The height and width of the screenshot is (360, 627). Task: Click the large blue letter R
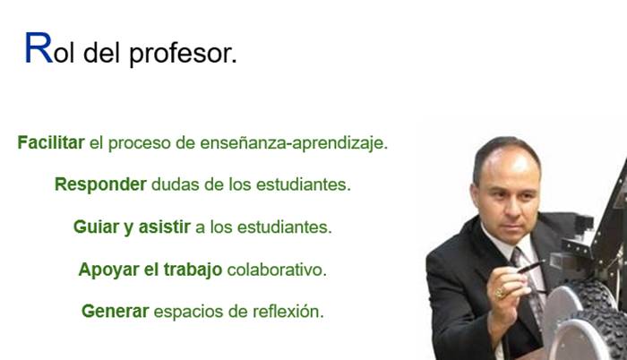pyautogui.click(x=39, y=48)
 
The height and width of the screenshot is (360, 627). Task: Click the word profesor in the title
pyautogui.click(x=183, y=54)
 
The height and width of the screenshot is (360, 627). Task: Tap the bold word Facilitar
pyautogui.click(x=51, y=142)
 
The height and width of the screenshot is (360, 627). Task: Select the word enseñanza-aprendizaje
pyautogui.click(x=294, y=143)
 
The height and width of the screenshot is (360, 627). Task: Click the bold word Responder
pyautogui.click(x=100, y=184)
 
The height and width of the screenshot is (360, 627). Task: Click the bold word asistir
pyautogui.click(x=164, y=227)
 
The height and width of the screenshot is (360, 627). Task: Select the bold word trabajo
pyautogui.click(x=193, y=270)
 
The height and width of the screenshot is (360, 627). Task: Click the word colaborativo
pyautogui.click(x=277, y=270)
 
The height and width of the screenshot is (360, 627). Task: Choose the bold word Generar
pyautogui.click(x=116, y=312)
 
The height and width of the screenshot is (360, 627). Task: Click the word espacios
pyautogui.click(x=188, y=312)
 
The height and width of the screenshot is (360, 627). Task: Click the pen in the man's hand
pyautogui.click(x=531, y=267)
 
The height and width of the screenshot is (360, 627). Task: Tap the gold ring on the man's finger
pyautogui.click(x=500, y=293)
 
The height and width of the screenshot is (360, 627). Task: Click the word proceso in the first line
pyautogui.click(x=139, y=144)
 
